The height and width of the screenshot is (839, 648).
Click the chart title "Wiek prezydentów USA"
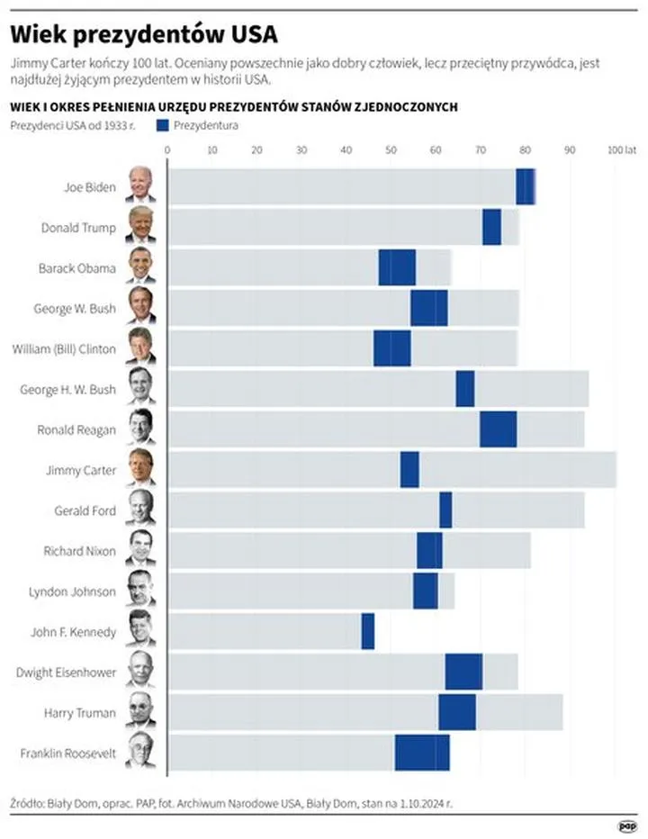(x=143, y=34)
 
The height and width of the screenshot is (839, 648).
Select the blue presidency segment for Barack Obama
(x=397, y=267)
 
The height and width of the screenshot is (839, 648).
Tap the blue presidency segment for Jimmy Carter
(x=409, y=469)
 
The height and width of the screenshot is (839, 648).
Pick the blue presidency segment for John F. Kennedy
(x=367, y=631)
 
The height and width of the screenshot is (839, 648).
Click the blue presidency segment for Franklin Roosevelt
(x=422, y=753)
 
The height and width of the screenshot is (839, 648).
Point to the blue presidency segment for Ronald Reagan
(x=498, y=429)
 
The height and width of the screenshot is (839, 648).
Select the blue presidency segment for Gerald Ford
(x=445, y=510)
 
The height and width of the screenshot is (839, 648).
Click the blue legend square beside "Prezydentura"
(x=164, y=126)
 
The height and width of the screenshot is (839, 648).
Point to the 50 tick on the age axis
(x=391, y=149)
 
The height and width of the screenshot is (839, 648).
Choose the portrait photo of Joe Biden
(x=140, y=186)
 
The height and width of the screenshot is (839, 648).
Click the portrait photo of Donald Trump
(x=140, y=227)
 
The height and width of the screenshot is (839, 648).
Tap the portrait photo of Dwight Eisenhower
(x=140, y=672)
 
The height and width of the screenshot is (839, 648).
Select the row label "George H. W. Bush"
(x=68, y=389)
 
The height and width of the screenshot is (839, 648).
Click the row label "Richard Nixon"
(x=80, y=551)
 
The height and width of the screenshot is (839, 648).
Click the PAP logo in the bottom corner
(x=627, y=824)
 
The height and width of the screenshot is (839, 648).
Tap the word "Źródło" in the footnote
(x=27, y=798)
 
